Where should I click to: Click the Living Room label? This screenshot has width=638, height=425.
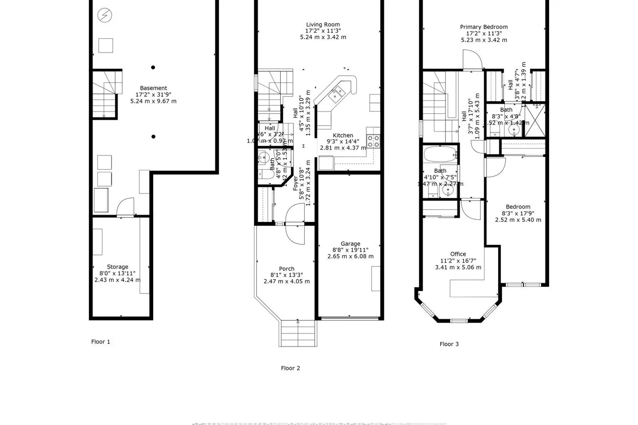pos(323,25)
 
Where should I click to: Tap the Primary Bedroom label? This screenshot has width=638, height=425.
pos(484,27)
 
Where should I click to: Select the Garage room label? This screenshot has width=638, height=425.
pos(350,244)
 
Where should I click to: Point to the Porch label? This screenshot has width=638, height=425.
pos(287,269)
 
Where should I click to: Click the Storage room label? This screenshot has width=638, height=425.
pos(117,267)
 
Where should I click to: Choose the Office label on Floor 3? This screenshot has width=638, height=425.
pos(458,254)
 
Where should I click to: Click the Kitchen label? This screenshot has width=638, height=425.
pos(343,136)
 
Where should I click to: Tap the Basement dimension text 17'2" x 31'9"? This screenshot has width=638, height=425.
pos(153,95)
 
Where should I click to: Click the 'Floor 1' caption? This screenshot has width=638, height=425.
pos(100,342)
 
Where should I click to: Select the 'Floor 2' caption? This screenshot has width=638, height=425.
pos(291,368)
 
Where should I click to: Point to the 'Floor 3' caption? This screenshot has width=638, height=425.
pos(449,344)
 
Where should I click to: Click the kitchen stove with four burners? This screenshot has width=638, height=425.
pos(373,141)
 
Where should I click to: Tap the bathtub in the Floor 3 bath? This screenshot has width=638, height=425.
pos(441,154)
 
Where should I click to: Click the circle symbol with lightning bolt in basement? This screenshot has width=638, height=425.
pos(105,16)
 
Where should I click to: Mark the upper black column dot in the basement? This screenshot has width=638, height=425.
pos(153,67)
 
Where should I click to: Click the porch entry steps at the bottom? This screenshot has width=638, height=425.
pos(298,333)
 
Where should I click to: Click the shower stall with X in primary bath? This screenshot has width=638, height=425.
pos(534,120)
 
